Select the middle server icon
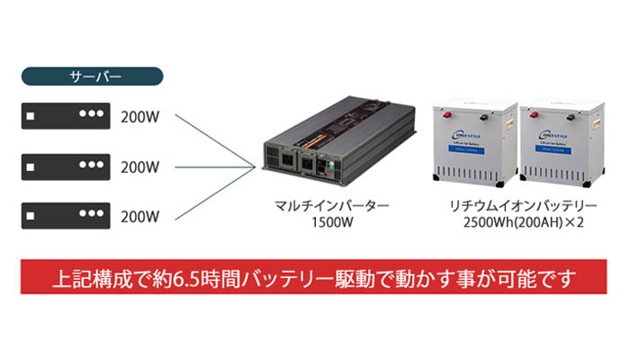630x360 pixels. pyautogui.click(x=63, y=166)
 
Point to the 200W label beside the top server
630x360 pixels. pyautogui.click(x=140, y=117)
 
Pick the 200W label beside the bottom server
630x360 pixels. pyautogui.click(x=140, y=217)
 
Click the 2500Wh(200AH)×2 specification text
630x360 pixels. pyautogui.click(x=510, y=222)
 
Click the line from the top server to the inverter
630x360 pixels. pyautogui.click(x=211, y=139)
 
